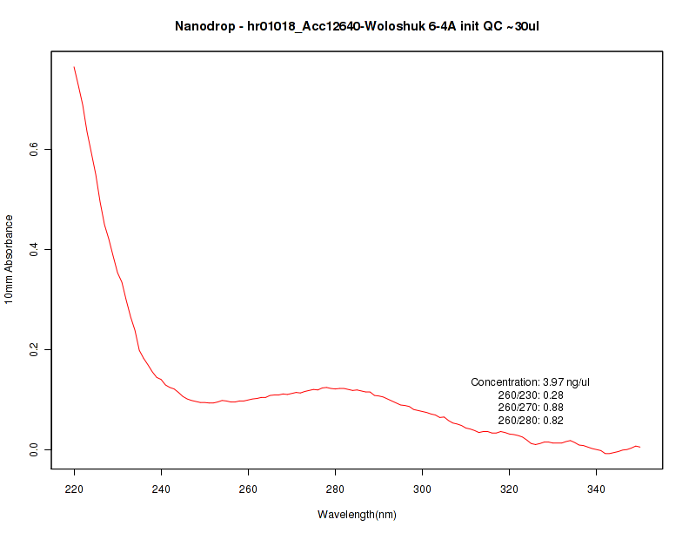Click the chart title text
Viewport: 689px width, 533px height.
(x=357, y=26)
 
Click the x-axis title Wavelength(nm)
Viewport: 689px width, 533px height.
(x=357, y=515)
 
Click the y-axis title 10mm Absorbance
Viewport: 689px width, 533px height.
(x=10, y=259)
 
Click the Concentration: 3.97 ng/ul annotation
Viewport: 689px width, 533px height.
(x=531, y=382)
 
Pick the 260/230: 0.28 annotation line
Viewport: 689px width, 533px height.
(x=531, y=395)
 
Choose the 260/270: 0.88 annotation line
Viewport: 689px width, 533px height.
(x=531, y=408)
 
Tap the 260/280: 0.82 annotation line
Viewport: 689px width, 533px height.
(x=531, y=421)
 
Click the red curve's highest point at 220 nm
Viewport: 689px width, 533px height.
(x=74, y=67)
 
